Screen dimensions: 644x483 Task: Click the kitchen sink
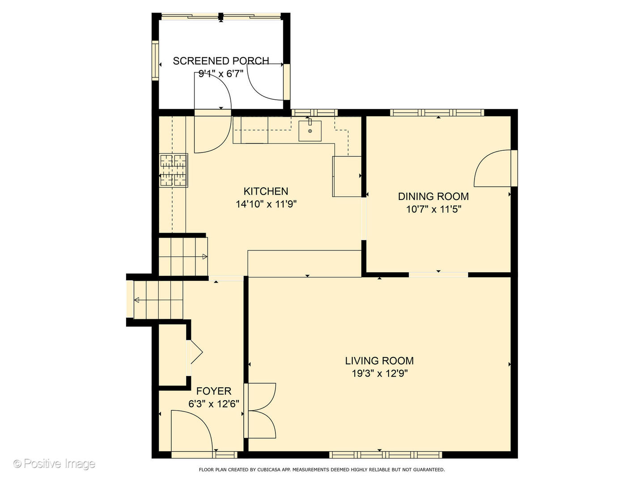[x=310, y=131]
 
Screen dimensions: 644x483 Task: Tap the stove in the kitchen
[x=174, y=170]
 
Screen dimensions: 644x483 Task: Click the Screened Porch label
[x=221, y=61]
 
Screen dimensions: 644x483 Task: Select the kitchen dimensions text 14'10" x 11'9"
[x=266, y=204]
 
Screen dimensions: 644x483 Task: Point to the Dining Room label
[x=433, y=196]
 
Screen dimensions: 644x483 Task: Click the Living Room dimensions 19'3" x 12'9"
[x=380, y=373]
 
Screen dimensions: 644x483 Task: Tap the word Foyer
[x=214, y=391]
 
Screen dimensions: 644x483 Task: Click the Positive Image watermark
[x=54, y=464]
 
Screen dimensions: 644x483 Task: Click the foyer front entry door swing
[x=191, y=434]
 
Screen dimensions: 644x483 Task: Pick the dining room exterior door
[x=496, y=168]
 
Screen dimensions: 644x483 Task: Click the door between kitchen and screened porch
[x=213, y=113]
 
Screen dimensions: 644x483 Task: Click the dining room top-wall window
[x=437, y=113]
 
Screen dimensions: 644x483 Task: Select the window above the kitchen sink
[x=314, y=113]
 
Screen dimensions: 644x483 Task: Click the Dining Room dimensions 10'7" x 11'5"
[x=434, y=209]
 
